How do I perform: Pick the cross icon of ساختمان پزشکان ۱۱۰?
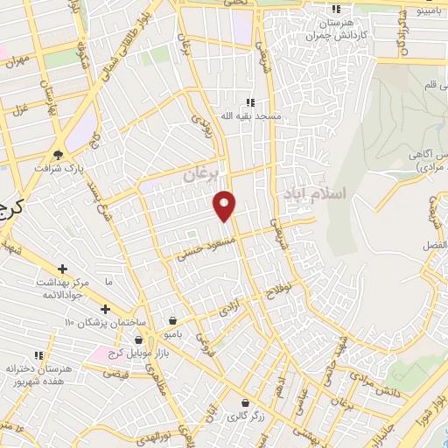tap(105, 309)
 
